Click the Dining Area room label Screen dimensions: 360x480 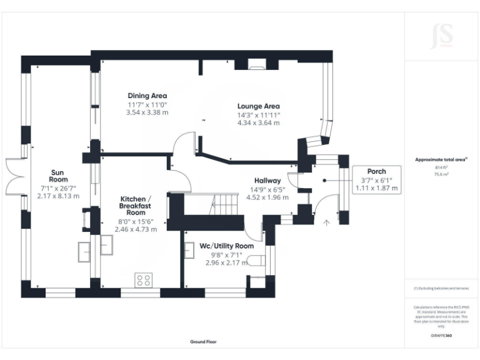tap(147, 96)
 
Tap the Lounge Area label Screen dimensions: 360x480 tap(258, 106)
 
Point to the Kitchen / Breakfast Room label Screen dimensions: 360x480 tap(136, 205)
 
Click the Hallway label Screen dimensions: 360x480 tap(267, 181)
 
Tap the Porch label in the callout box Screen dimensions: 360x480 tap(376, 171)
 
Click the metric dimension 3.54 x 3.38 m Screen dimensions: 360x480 tap(147, 113)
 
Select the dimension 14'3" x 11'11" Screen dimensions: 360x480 tap(258, 115)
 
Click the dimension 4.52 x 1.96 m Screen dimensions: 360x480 tap(267, 197)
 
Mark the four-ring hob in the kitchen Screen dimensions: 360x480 tap(143, 279)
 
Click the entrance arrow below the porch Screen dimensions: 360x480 tap(326, 221)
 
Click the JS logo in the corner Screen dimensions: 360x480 tap(441, 36)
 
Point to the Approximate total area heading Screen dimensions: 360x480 tap(441, 160)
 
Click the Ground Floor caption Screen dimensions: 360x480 tap(203, 342)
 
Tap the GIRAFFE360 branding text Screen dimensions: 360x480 tap(441, 336)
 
